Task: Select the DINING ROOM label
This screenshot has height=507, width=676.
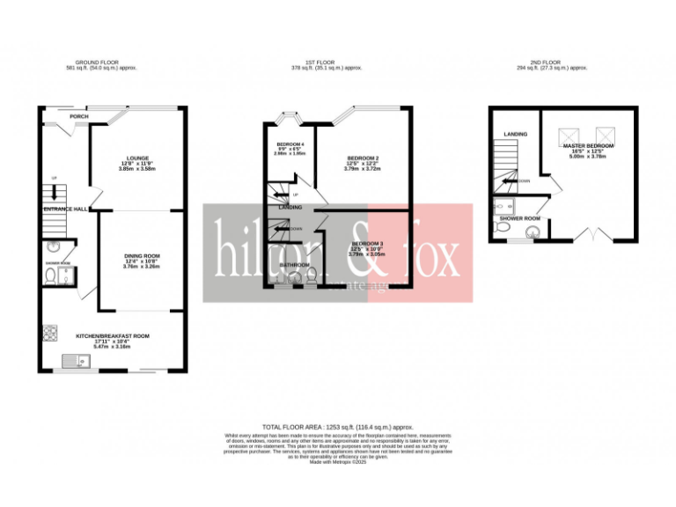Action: pyautogui.click(x=142, y=256)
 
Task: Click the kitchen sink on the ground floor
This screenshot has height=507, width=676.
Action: pyautogui.click(x=76, y=361)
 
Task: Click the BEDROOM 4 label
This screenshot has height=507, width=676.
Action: pyautogui.click(x=290, y=143)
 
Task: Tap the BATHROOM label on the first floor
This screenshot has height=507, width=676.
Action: pyautogui.click(x=294, y=264)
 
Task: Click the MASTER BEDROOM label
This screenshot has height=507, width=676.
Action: pyautogui.click(x=588, y=145)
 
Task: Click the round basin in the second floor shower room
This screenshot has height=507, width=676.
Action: pyautogui.click(x=530, y=232)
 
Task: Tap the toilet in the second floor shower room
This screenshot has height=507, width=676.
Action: pyautogui.click(x=501, y=227)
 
